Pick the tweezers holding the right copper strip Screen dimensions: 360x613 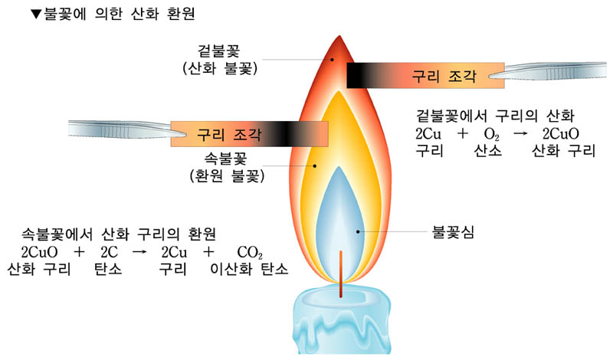click(548, 74)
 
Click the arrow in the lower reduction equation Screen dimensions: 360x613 click(139, 253)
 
